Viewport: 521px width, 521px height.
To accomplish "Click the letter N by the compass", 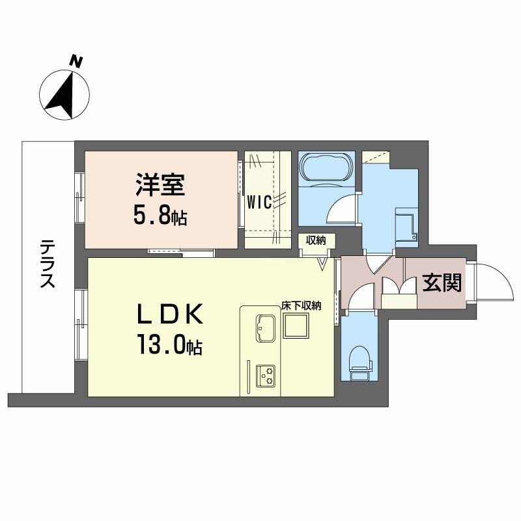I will [77, 62].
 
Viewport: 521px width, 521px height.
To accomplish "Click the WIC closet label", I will [259, 201].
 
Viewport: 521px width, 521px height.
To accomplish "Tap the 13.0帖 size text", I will [169, 344].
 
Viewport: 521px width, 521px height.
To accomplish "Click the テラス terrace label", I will [46, 264].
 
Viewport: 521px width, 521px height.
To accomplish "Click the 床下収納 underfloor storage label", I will [302, 305].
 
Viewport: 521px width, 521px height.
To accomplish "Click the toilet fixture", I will [359, 361].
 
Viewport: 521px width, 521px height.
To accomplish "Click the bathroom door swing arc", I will [341, 210].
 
